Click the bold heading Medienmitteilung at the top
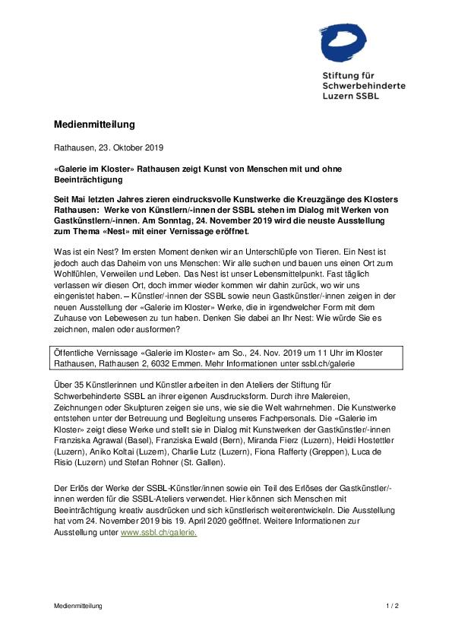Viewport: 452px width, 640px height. pyautogui.click(x=94, y=124)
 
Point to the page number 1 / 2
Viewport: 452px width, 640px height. pyautogui.click(x=392, y=606)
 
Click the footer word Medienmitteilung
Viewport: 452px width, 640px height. pyautogui.click(x=77, y=606)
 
